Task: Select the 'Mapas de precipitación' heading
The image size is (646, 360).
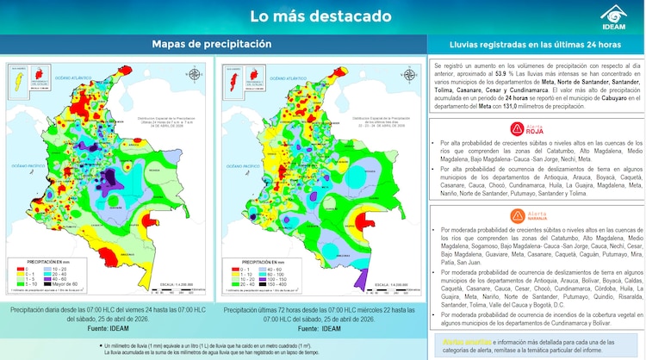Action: pyautogui.click(x=212, y=44)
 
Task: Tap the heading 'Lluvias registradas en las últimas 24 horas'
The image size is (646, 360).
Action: pyautogui.click(x=536, y=44)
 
